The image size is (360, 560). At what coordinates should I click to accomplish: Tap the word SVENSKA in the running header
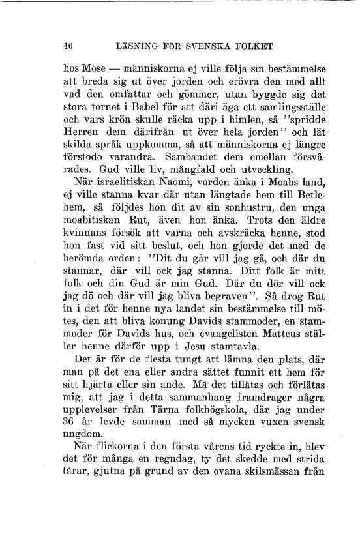click(212, 46)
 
